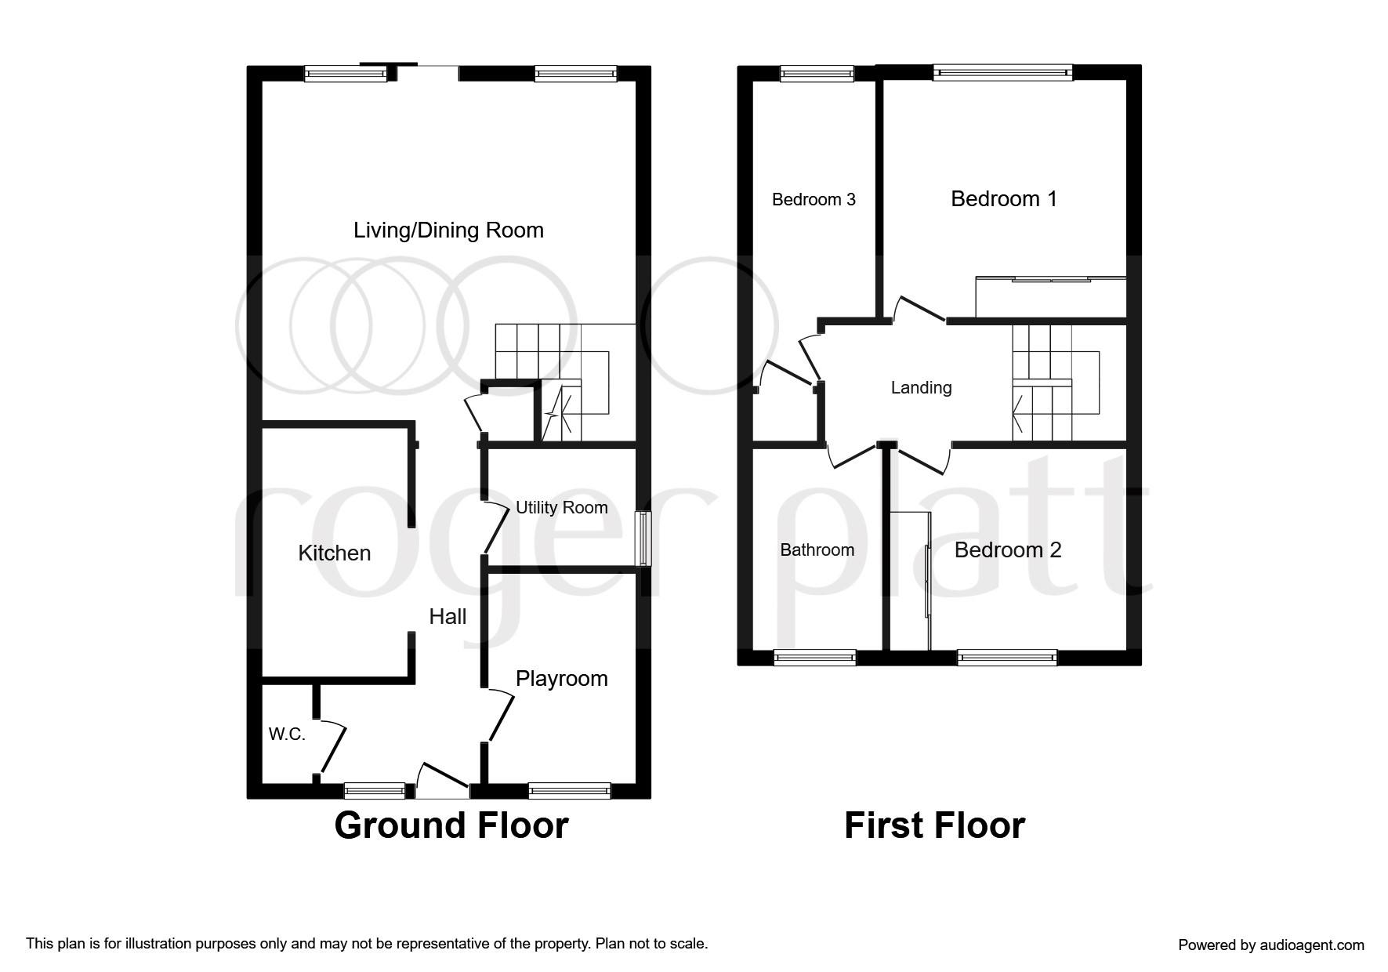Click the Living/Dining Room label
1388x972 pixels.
coord(448,230)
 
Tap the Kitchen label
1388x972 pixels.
coord(335,553)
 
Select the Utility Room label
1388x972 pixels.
coord(561,508)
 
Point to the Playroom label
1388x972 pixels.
coord(562,679)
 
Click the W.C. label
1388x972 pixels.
coord(287,734)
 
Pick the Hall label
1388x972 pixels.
coord(448,617)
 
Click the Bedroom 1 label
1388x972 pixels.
coord(1004,199)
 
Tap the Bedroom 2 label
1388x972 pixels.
coord(1008,550)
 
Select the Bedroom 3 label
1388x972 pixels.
coord(814,200)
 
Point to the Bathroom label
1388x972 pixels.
coord(817,550)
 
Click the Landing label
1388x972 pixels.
coord(922,388)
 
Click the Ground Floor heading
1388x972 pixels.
coord(451,826)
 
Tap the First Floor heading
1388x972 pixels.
coord(934,826)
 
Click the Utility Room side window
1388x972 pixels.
coord(643,539)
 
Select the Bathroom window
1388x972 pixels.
coord(815,658)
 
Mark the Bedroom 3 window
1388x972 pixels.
coord(817,73)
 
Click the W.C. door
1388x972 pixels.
coord(332,746)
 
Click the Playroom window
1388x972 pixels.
coord(570,791)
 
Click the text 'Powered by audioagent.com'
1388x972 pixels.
coord(1271,945)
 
